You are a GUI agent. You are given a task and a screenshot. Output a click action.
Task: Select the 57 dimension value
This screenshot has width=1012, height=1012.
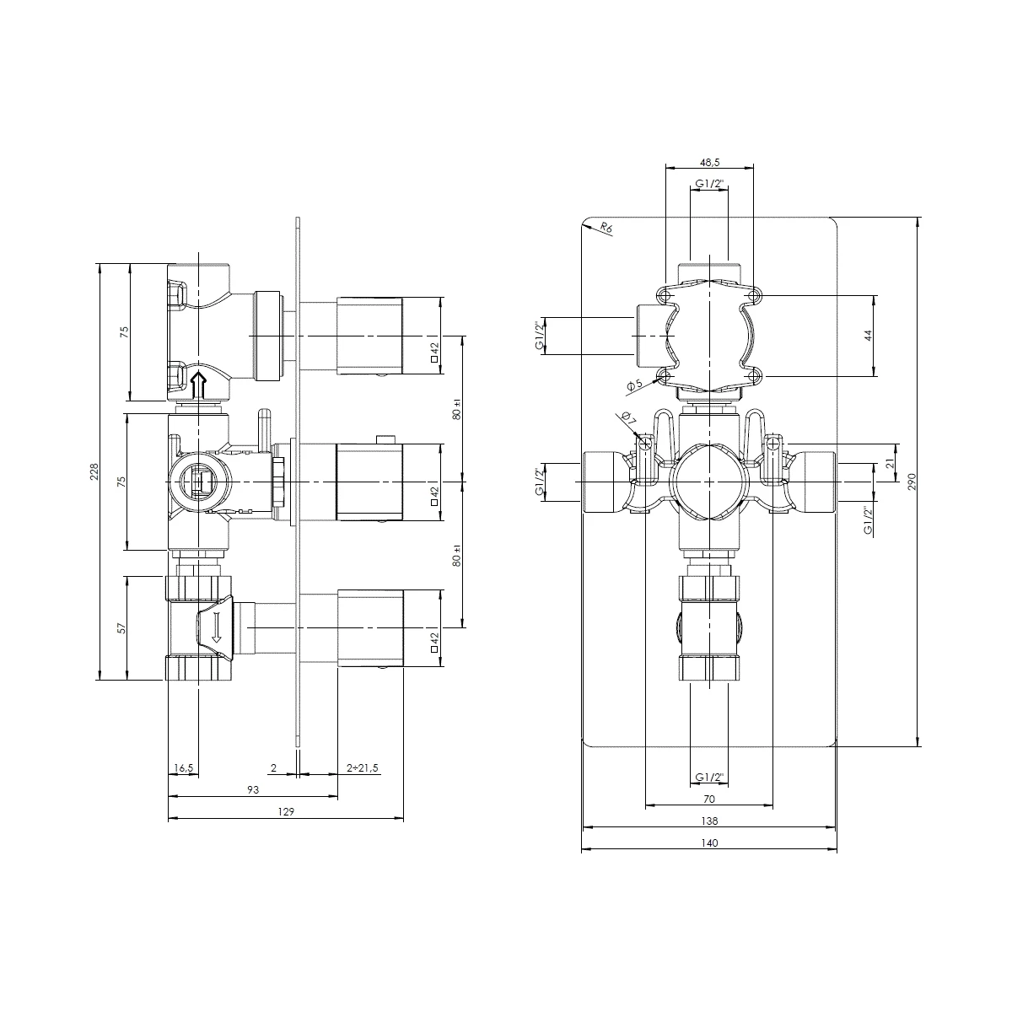point(121,628)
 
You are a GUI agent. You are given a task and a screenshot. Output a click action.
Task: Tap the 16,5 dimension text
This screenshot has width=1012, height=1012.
point(183,768)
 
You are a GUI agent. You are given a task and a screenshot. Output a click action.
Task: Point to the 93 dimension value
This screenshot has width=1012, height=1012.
point(252,790)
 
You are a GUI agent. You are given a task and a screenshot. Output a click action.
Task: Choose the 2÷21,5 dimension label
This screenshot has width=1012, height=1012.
point(363,768)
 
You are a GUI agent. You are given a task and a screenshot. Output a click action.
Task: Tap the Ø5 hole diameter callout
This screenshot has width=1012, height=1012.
point(634,385)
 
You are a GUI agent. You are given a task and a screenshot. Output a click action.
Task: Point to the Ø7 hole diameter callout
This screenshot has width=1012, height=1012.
point(626,418)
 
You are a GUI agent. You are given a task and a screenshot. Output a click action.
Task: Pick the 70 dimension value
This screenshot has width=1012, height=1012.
point(708,799)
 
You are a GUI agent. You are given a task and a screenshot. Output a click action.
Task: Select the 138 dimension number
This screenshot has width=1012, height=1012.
point(708,821)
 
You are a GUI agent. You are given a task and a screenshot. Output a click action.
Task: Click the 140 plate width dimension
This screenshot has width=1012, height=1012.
point(708,842)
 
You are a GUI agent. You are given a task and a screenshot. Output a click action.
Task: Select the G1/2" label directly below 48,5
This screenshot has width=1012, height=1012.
point(708,184)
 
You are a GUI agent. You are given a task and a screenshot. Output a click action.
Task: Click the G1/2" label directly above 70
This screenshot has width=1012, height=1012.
point(708,777)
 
